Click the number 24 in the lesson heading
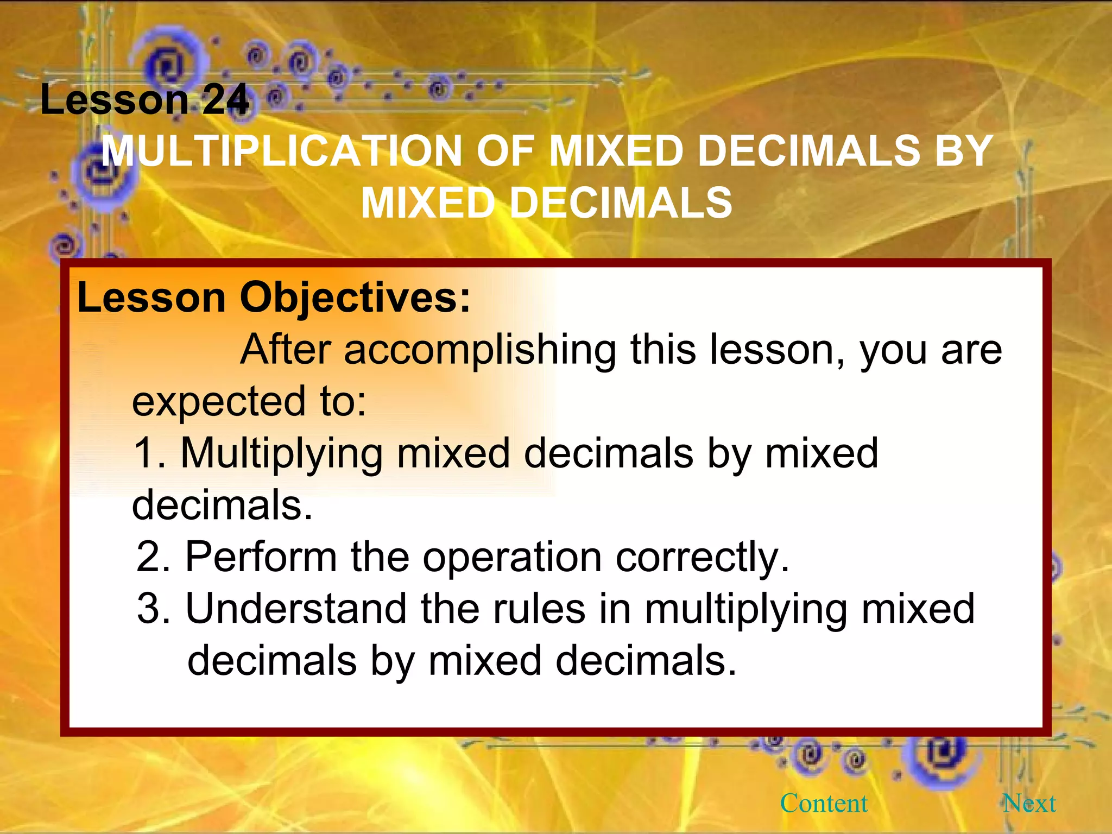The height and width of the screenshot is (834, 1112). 226,100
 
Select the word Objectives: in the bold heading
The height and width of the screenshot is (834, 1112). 355,298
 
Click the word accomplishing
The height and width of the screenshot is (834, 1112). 480,350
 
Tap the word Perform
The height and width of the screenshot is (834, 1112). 261,557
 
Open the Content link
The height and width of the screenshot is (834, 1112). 824,803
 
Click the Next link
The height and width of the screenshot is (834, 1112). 1029,803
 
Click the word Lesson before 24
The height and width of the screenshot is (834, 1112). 114,100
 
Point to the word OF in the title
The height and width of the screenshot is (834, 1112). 506,151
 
